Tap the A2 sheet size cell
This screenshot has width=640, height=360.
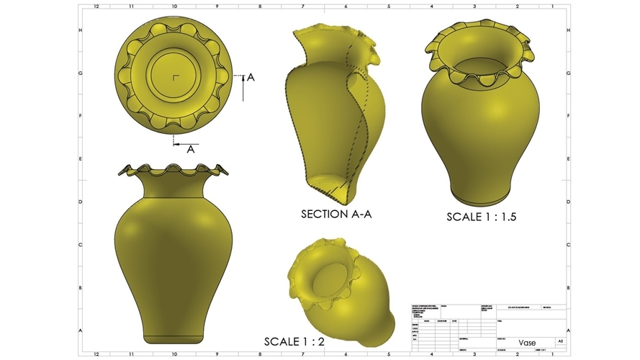pos(560,341)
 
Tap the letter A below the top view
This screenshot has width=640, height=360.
pos(191,150)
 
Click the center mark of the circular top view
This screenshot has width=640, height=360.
pos(174,76)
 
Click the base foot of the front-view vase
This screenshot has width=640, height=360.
pos(174,338)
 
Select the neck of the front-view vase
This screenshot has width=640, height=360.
pos(174,186)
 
